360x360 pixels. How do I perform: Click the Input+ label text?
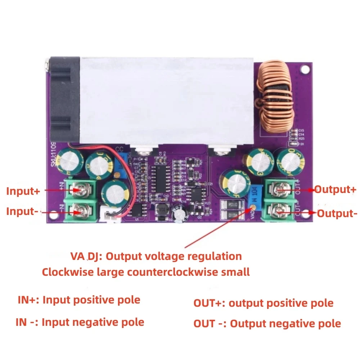tap(23, 191)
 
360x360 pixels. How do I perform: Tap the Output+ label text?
tap(335, 190)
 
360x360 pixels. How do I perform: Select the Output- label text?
tap(337, 213)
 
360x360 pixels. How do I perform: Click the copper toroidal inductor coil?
tap(275, 97)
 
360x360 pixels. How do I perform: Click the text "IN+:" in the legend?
tap(28, 300)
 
